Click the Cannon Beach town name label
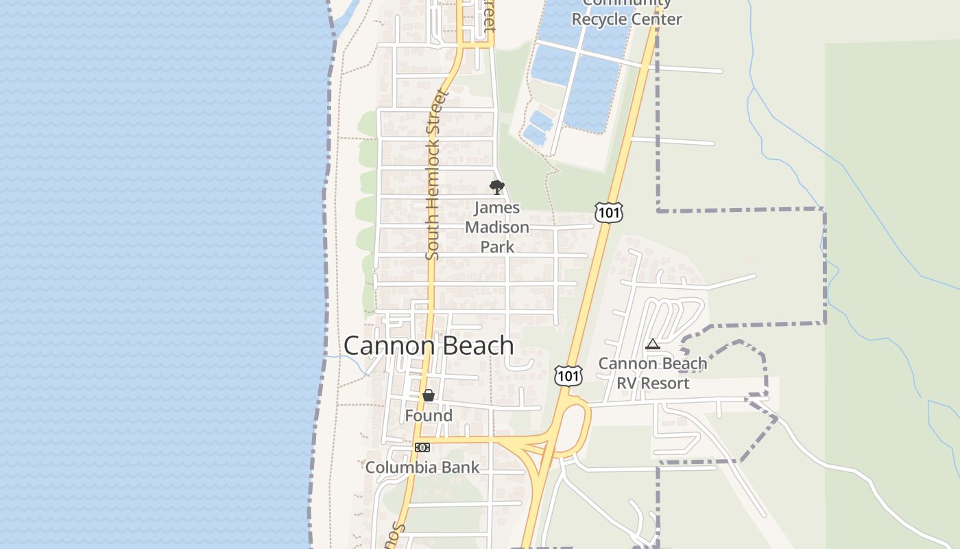point(429,345)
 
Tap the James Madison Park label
point(497,227)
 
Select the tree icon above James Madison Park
point(497,187)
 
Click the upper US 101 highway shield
point(609,213)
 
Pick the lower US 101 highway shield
point(568,375)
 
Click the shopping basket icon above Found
point(429,395)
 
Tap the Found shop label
point(429,416)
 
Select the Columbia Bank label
point(422,467)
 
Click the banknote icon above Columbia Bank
point(422,447)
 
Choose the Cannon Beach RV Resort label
point(653,373)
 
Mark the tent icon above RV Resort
point(653,344)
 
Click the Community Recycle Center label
point(627,14)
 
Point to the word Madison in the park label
point(497,227)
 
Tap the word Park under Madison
point(497,246)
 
